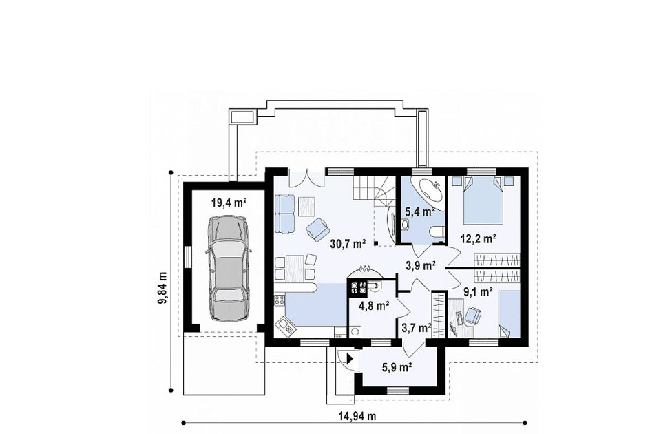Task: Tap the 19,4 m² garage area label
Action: [229, 203]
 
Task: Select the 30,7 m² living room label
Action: [348, 243]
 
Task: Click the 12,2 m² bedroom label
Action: [478, 239]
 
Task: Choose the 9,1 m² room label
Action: [479, 291]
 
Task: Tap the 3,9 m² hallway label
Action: [421, 265]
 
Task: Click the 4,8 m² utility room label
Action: [374, 305]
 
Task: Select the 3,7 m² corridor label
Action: [416, 327]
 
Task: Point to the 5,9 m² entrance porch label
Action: [397, 367]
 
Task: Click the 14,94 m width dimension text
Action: [357, 417]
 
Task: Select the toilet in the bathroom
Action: [438, 232]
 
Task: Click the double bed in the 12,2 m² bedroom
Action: [483, 200]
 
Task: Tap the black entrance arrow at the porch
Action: [350, 358]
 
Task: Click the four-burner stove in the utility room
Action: [357, 287]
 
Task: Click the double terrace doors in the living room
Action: [306, 178]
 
